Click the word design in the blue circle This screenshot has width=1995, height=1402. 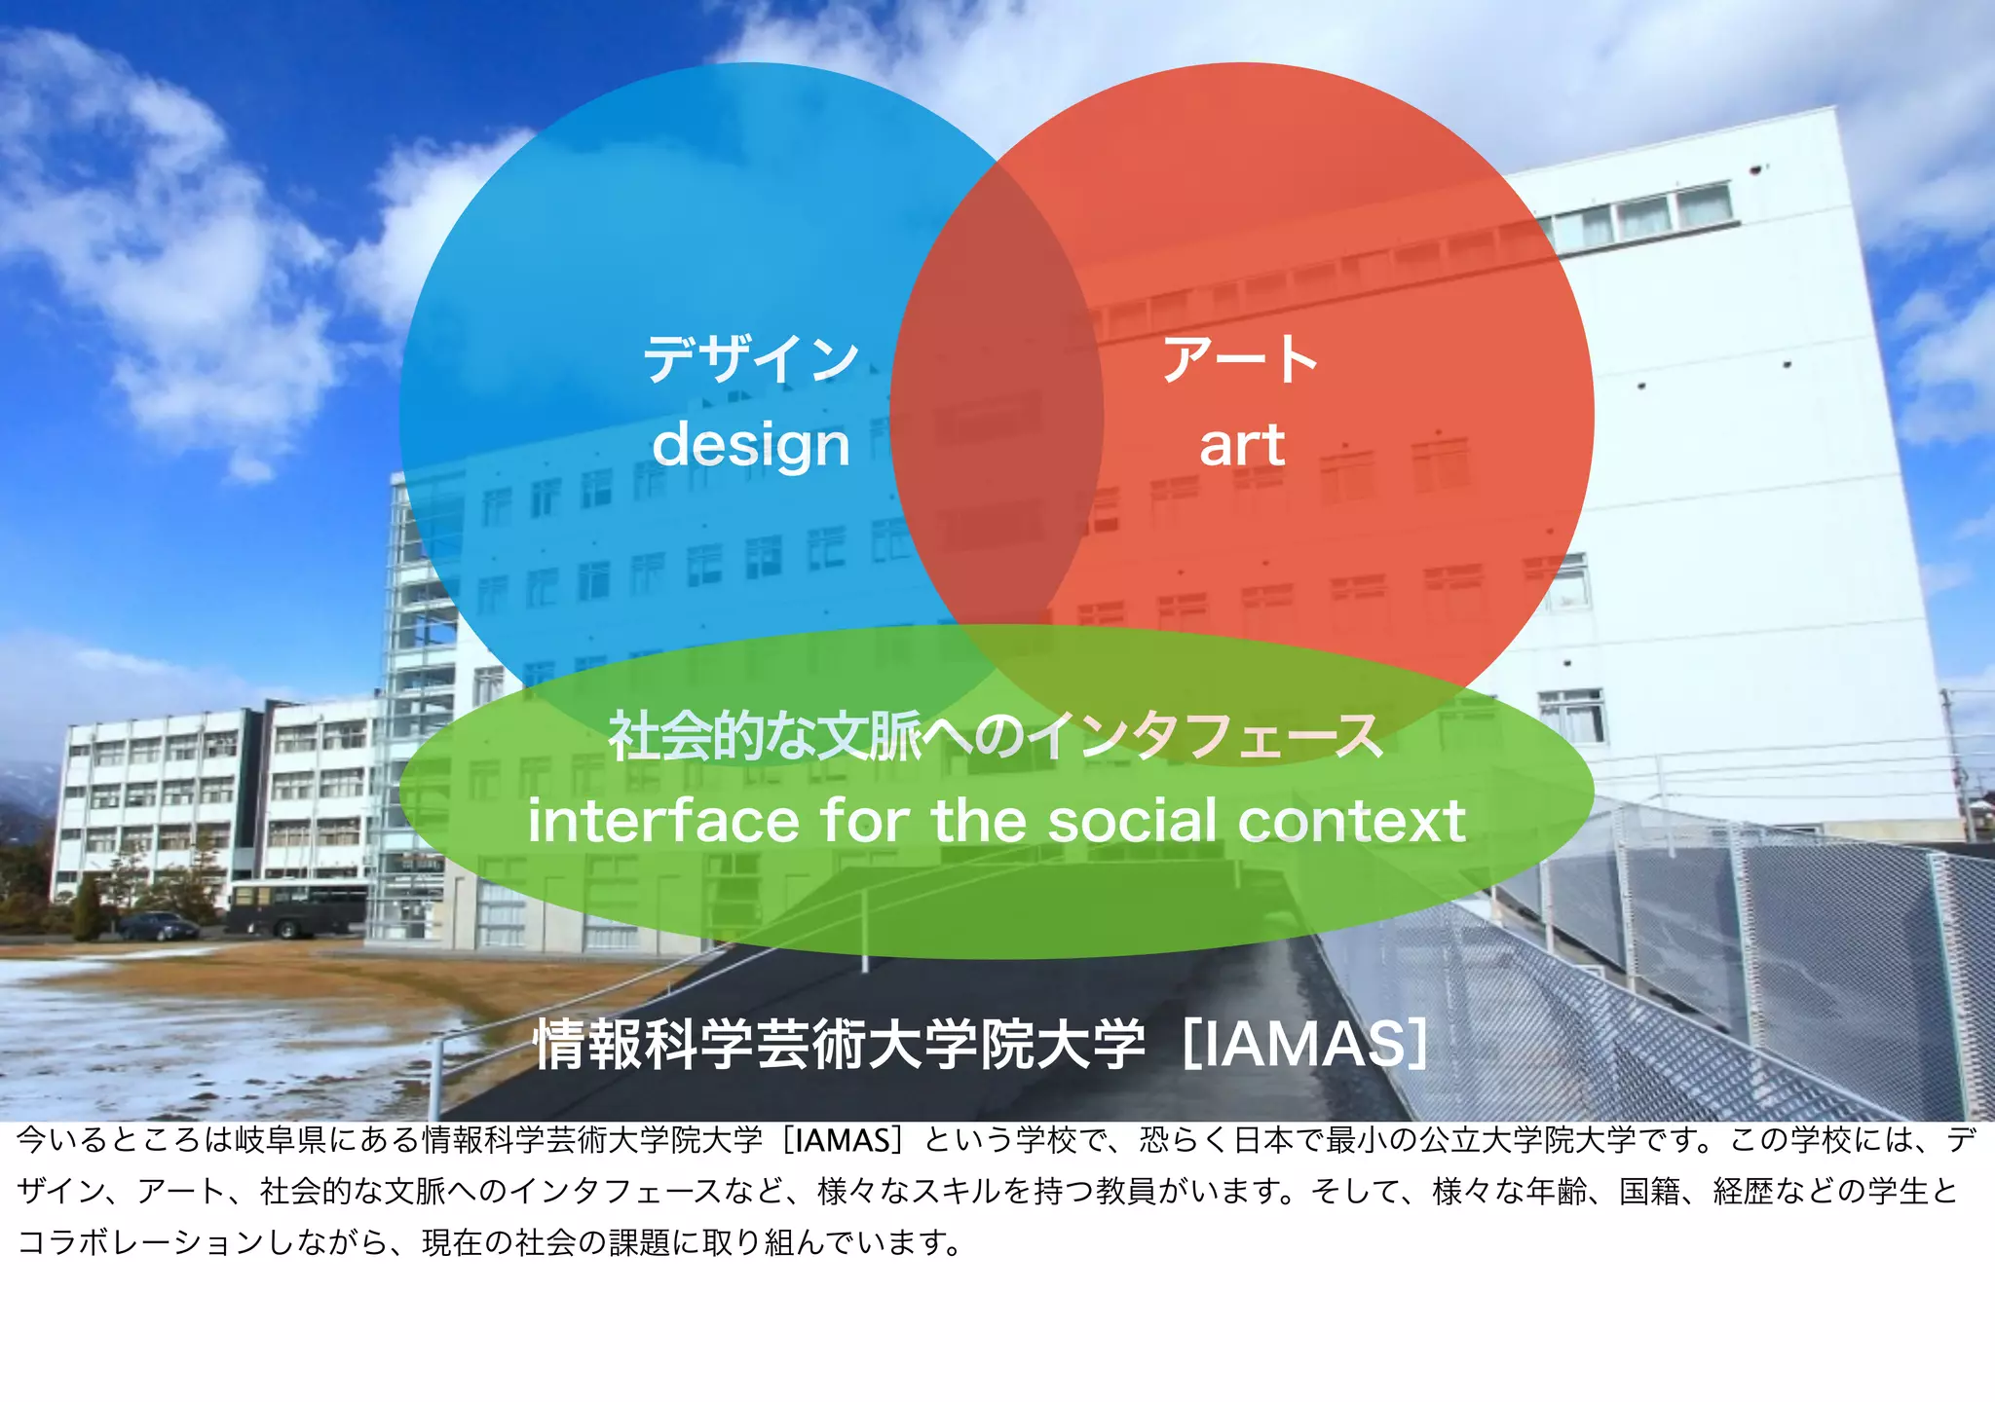pos(751,446)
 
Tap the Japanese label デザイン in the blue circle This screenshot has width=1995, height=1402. pos(751,359)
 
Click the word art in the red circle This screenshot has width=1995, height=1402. pos(1241,446)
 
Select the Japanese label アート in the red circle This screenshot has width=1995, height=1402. pos(1240,359)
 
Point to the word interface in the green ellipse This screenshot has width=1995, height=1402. pos(662,821)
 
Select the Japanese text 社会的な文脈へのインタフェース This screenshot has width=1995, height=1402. pos(996,736)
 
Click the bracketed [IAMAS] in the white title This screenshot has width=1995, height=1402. pos(1305,1044)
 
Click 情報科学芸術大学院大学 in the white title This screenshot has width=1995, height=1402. pos(840,1044)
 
